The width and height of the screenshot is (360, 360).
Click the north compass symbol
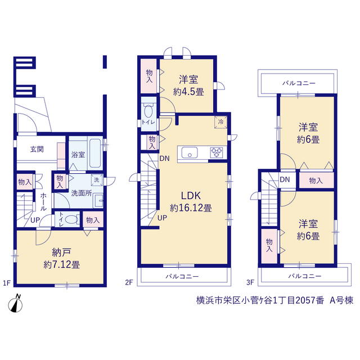point(15,304)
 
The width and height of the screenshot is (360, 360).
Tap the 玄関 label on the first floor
point(37,149)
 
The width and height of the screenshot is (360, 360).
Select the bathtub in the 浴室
point(95,153)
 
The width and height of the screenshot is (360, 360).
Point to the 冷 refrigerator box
point(220,122)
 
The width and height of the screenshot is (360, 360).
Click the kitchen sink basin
point(190,152)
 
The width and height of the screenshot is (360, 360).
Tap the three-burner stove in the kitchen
point(217,152)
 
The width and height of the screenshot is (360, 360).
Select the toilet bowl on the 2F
point(148,111)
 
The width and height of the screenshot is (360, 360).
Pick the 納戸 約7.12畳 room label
point(61,258)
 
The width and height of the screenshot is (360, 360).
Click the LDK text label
point(191,196)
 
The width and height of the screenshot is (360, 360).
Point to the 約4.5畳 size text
point(188,92)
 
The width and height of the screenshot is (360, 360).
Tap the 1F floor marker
point(7,283)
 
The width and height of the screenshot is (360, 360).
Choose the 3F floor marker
point(250,282)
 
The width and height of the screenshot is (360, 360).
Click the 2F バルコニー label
point(182,276)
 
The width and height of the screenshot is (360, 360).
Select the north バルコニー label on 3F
point(299,83)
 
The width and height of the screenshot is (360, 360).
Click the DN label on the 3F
point(285,179)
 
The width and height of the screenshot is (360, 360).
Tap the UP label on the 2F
point(163,218)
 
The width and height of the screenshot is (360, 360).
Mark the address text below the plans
point(274,300)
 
